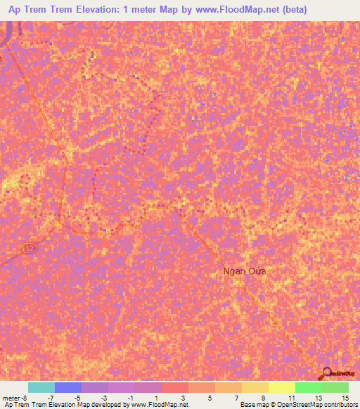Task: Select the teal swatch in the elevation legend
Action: point(41,387)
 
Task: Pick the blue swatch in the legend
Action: point(68,387)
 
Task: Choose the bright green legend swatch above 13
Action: point(309,387)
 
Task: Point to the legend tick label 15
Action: point(345,397)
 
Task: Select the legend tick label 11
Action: point(292,397)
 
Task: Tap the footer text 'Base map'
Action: point(251,405)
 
